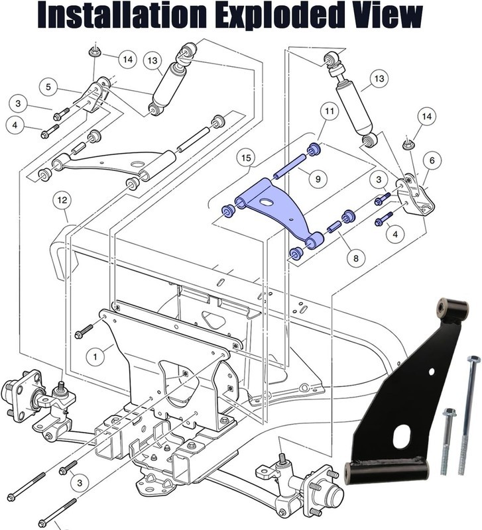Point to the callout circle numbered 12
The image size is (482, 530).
click(63, 199)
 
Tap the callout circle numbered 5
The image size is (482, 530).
click(48, 86)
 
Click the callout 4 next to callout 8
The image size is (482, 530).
click(397, 234)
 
